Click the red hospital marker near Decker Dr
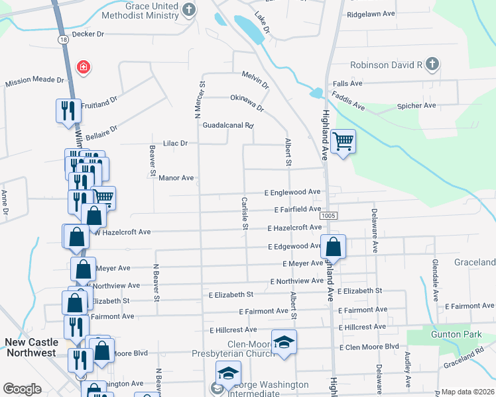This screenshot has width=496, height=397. click(84, 67)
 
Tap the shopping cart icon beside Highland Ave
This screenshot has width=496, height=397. click(343, 142)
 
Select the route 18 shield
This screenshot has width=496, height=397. click(62, 40)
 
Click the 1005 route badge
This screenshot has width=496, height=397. click(328, 216)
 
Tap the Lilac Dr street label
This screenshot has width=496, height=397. click(176, 143)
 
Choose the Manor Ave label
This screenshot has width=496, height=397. click(176, 178)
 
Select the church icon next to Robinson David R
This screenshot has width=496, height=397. click(432, 64)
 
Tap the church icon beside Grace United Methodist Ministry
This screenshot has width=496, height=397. click(190, 9)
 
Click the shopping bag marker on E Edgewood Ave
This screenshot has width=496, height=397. click(334, 247)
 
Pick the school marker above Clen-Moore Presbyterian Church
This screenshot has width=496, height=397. click(284, 342)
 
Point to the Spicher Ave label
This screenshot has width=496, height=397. click(416, 105)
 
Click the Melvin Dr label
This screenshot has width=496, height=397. click(255, 81)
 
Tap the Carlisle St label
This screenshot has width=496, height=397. click(245, 213)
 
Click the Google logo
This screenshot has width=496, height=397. click(22, 389)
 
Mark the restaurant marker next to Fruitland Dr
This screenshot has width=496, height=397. click(67, 110)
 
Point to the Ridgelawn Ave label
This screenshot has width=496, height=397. click(370, 13)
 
